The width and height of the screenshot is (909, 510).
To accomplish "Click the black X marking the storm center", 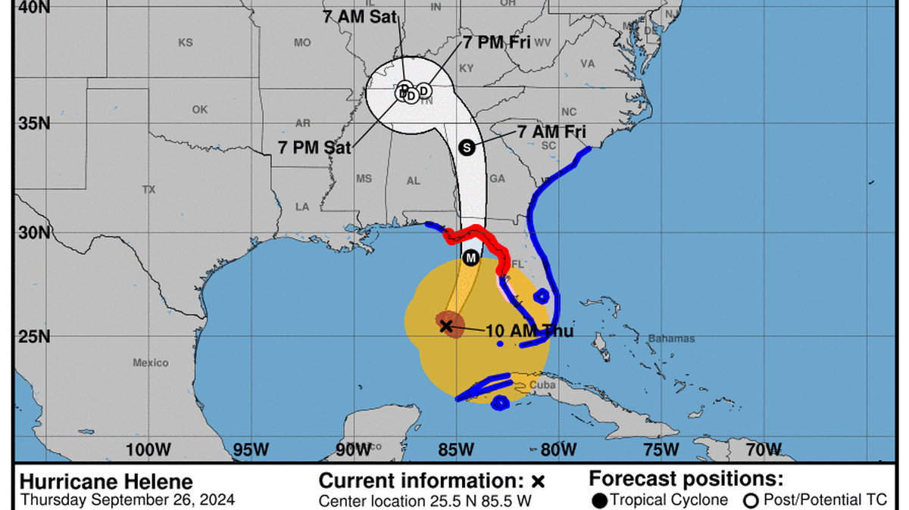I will coord(446,325).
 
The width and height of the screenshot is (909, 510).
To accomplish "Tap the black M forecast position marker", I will coord(470,258).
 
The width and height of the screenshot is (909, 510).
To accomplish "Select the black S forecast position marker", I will coord(467,148).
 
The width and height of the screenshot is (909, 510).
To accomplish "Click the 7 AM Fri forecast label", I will coord(551,131).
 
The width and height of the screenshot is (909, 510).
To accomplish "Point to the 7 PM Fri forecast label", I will coord(497,42).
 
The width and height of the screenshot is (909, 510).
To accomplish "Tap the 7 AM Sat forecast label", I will coord(360,17).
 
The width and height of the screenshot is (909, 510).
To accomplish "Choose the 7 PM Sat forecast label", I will coord(314,148).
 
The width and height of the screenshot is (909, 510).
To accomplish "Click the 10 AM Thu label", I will coord(530,331).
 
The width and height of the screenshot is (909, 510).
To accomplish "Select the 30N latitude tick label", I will coord(34,232).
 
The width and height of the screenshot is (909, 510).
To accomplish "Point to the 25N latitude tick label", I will coord(34,336).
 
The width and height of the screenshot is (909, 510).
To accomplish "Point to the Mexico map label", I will coord(151,362).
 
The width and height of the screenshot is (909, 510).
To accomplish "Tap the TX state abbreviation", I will coord(148,189).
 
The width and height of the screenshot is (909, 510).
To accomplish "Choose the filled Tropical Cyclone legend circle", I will coord(599,499).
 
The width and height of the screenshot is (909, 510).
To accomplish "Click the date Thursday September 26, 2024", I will coord(127,499).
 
